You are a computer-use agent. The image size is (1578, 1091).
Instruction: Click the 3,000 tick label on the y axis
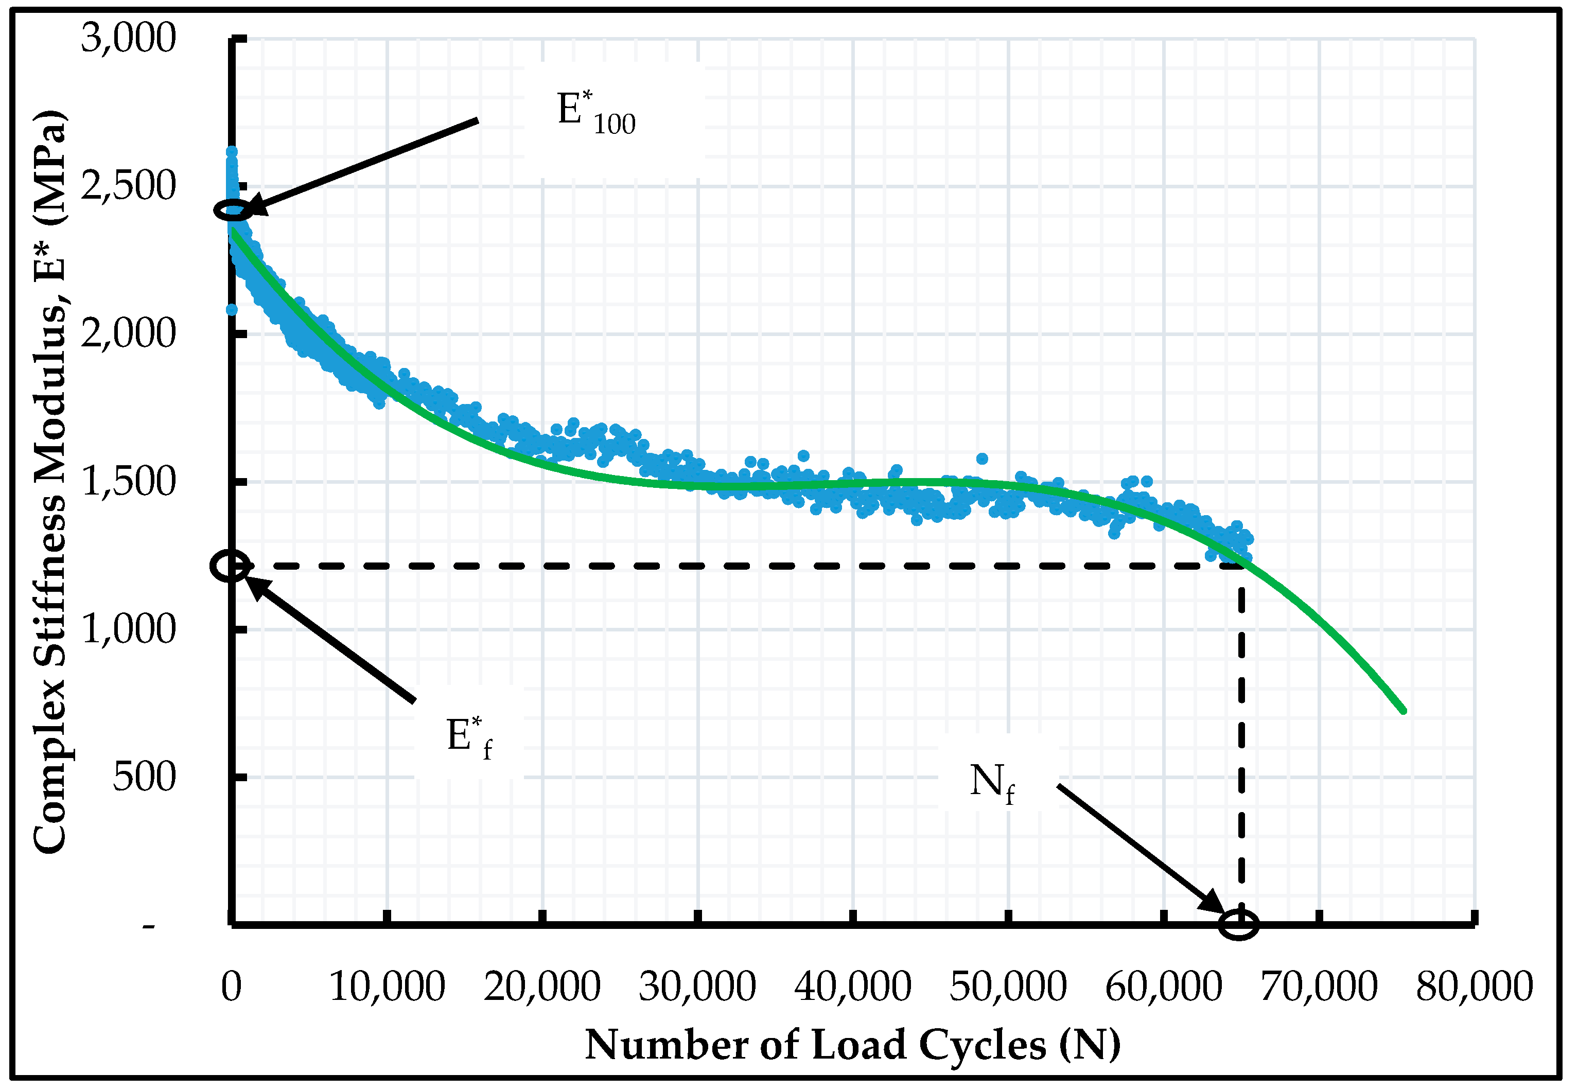click(x=129, y=38)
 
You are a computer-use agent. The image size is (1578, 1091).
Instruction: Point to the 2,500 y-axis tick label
click(x=129, y=185)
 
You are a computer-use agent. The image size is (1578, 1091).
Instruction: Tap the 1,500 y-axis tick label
click(x=129, y=482)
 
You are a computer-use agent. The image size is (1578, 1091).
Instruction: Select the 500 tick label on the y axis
click(x=144, y=777)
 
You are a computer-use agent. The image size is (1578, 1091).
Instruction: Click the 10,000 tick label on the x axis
click(x=387, y=987)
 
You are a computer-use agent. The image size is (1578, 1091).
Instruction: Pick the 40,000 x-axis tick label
click(x=853, y=987)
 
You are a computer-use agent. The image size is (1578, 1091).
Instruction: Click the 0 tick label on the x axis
click(x=232, y=987)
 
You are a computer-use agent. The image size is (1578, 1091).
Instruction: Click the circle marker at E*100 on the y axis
click(x=233, y=210)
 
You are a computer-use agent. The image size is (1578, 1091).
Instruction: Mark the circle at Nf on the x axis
click(x=1239, y=924)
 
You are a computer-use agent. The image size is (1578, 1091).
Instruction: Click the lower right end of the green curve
click(x=1403, y=711)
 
